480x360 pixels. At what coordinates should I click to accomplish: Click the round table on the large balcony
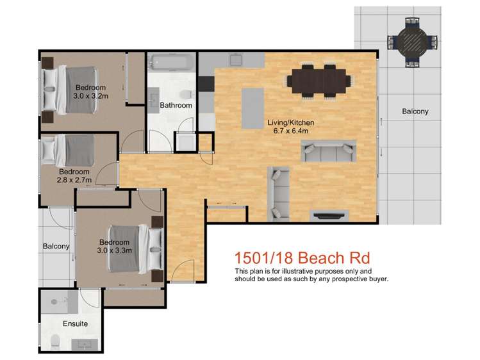click(413, 42)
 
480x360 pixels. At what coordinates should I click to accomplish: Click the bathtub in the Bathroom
click(170, 63)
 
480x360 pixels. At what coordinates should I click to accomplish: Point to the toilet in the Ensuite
click(55, 341)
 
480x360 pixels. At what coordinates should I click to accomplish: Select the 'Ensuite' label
click(75, 323)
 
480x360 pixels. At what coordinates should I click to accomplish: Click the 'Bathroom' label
click(176, 105)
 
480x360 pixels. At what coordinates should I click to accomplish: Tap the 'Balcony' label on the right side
click(415, 111)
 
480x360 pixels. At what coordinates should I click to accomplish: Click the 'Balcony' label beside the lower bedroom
click(56, 246)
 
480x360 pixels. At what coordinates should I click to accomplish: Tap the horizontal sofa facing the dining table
click(327, 152)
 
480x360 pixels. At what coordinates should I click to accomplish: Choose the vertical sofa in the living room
click(279, 193)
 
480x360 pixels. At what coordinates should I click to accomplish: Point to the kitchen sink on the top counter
click(236, 61)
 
